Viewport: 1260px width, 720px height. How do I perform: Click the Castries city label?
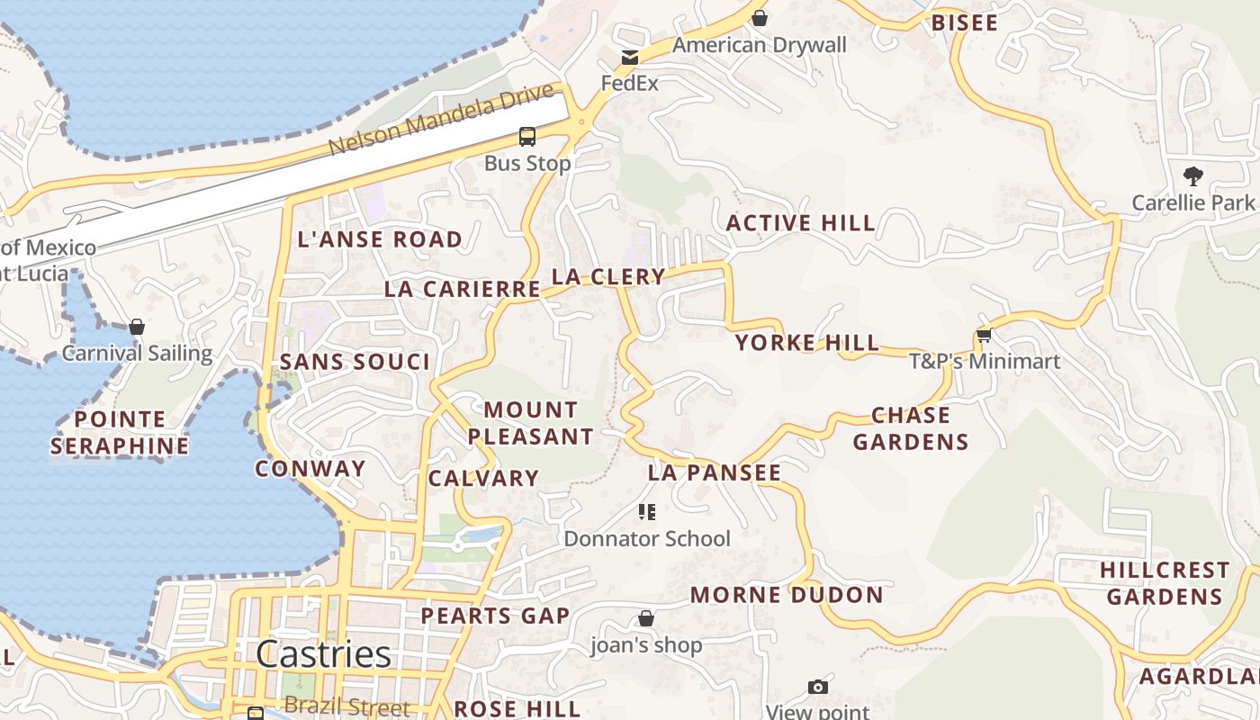(x=323, y=654)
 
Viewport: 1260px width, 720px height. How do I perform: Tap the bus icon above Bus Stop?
(x=527, y=137)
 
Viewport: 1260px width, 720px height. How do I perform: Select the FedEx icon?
(x=629, y=58)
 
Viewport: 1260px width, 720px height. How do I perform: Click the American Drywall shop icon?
(x=760, y=18)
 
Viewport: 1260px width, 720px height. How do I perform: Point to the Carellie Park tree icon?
(x=1193, y=175)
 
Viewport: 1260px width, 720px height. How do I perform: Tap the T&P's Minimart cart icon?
(x=984, y=336)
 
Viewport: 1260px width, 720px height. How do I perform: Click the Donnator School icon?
(x=646, y=513)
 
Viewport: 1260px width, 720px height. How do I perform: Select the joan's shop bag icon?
(x=645, y=618)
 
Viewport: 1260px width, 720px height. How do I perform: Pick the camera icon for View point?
(x=817, y=688)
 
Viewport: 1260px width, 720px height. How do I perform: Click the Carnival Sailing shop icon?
(x=137, y=327)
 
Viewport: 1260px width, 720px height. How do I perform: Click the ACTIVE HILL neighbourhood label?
(x=800, y=223)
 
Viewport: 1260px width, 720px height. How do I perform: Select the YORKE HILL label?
(x=806, y=343)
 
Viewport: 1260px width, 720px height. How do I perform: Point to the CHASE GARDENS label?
(x=911, y=428)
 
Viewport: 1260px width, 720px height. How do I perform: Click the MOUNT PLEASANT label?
(x=530, y=423)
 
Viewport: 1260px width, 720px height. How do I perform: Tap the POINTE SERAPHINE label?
(x=120, y=432)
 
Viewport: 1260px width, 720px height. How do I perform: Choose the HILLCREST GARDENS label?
(x=1165, y=583)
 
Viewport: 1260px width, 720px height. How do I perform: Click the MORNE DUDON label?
(x=787, y=595)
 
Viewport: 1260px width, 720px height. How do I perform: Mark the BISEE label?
(x=965, y=23)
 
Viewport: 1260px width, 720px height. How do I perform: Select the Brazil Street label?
(x=346, y=707)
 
